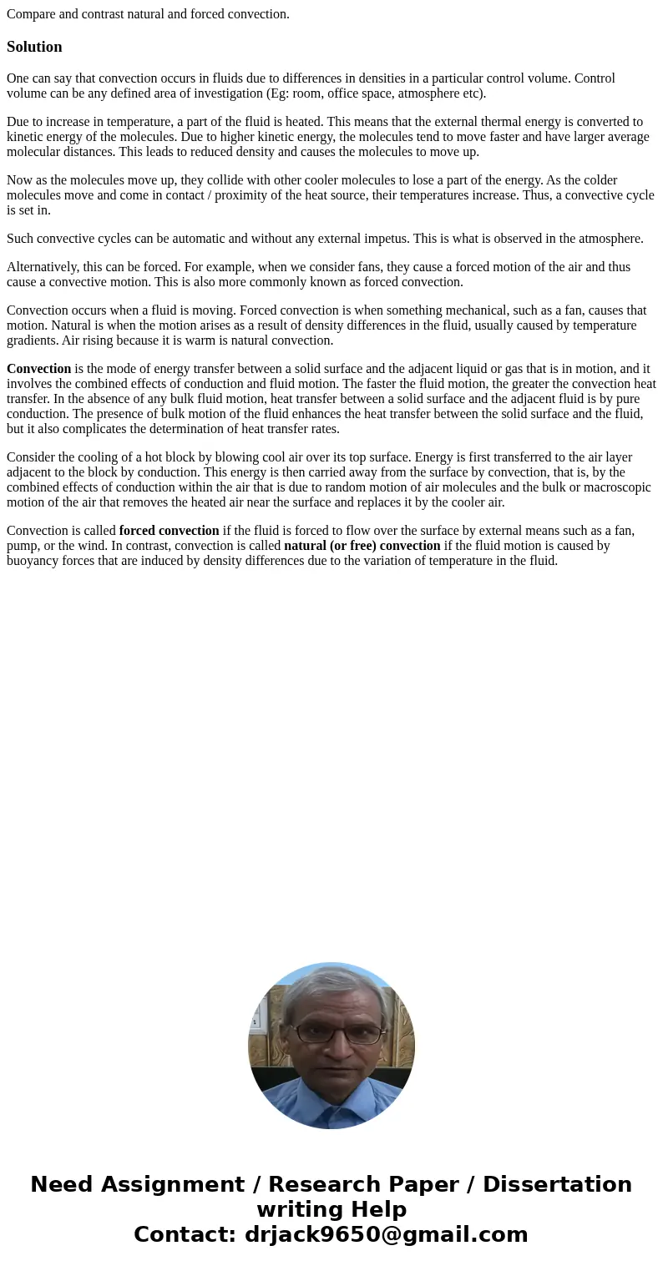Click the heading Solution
pyautogui.click(x=34, y=47)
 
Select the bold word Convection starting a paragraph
pyautogui.click(x=38, y=369)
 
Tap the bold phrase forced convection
pyautogui.click(x=169, y=531)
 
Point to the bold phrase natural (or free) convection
pyautogui.click(x=362, y=546)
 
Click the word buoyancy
pyautogui.click(x=33, y=561)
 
